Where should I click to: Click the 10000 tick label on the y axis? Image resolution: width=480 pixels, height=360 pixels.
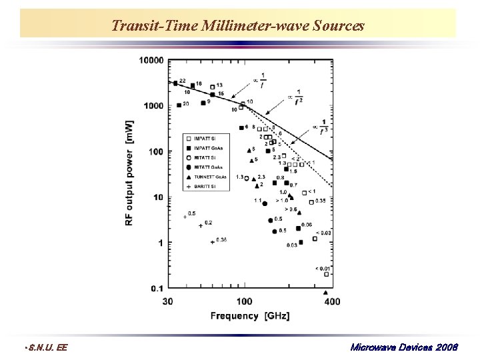(151, 61)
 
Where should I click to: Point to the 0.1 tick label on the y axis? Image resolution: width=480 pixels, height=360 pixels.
(157, 288)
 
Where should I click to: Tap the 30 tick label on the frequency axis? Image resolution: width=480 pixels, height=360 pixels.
(167, 301)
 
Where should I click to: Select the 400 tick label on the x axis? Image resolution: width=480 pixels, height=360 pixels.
(331, 301)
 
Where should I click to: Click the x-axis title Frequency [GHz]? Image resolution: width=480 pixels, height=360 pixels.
(250, 315)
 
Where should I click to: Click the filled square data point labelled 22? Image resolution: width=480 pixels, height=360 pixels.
(175, 83)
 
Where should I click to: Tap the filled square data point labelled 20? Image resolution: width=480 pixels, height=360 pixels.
(179, 105)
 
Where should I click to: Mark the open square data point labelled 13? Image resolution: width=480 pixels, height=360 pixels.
(212, 87)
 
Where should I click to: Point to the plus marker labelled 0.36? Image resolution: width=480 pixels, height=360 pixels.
(212, 242)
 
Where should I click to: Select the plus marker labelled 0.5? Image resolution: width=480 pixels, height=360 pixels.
(185, 217)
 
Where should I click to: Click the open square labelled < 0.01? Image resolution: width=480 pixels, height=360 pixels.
(326, 274)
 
